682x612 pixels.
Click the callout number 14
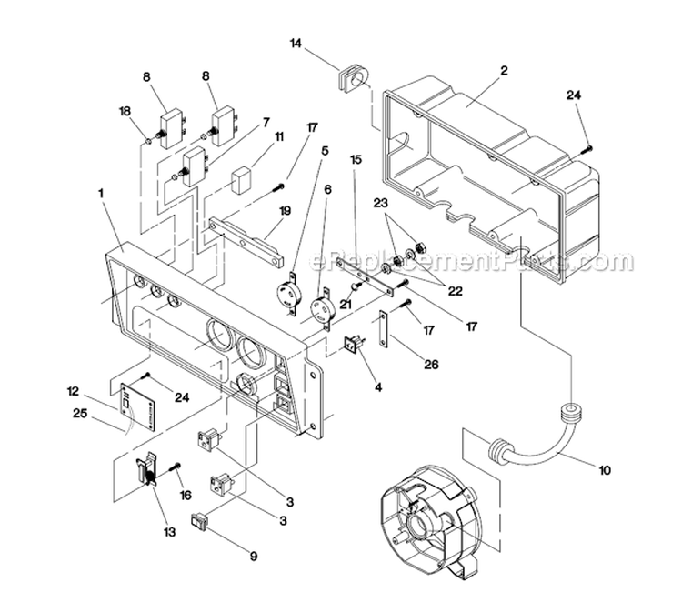coord(296,43)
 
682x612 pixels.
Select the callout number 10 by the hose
coord(605,470)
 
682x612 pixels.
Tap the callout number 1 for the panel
coord(102,193)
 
